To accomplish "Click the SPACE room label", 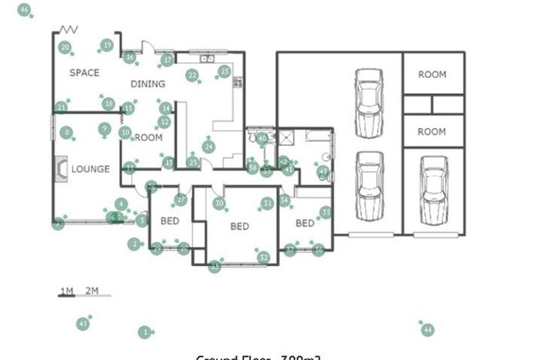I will coord(84,72).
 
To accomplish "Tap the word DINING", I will coord(147,84).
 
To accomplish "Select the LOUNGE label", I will coord(90,169).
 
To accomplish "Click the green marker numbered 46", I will coord(25,11).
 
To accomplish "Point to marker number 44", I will coord(427,330).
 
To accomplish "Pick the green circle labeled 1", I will coord(143,332).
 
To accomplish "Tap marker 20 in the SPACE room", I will coord(66,48).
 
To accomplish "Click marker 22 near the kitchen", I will coord(191,75).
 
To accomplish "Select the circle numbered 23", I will coord(224,72).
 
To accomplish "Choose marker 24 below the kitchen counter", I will coord(208,146).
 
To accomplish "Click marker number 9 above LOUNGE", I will coord(103,128).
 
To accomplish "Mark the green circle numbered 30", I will coord(219,204).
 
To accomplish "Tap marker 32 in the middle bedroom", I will coord(263,257).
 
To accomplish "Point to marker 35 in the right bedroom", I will coord(326,212).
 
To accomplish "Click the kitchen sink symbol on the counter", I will coord(205,58).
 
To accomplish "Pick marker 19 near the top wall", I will coord(106,45).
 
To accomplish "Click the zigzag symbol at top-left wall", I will coord(69,29).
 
